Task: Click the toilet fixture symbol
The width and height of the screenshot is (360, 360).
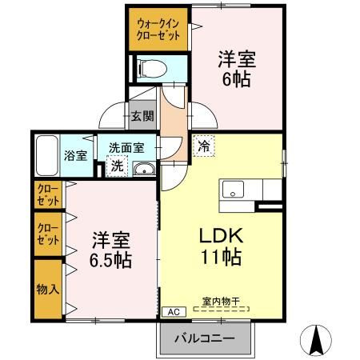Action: point(152,68)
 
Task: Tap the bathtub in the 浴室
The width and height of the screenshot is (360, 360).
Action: point(47,155)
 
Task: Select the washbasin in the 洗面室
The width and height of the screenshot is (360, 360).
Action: point(144,169)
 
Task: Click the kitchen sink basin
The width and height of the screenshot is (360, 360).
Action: point(233,190)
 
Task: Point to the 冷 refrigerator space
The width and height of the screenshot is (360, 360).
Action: point(204,146)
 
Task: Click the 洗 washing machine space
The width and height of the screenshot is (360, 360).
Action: point(117,166)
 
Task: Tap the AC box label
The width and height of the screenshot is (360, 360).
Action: point(174,312)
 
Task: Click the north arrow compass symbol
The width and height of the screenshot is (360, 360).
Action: point(316,340)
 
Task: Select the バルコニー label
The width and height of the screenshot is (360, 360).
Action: point(205,338)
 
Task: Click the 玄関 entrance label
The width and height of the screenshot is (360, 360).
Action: point(142,116)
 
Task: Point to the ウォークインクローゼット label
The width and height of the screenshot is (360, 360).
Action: point(158,30)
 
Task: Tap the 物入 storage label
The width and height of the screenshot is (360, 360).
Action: point(48,289)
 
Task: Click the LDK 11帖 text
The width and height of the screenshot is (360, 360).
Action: point(222,246)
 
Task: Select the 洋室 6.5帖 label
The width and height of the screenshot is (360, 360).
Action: point(110,250)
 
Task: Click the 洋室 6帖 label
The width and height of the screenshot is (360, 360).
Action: point(237,69)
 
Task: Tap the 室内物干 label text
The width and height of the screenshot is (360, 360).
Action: point(221,302)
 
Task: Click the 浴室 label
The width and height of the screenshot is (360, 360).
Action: point(75,155)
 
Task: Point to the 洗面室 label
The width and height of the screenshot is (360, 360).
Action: point(126,148)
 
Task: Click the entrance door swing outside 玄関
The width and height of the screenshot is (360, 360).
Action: point(112,115)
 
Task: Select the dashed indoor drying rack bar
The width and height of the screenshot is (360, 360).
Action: point(222,309)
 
